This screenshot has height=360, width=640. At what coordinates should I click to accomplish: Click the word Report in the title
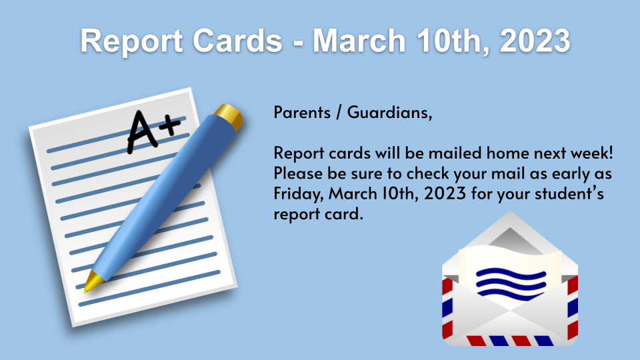point(131,41)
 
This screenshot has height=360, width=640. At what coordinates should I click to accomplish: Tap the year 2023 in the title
point(535,41)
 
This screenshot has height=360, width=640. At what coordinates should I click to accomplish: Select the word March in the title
point(359,41)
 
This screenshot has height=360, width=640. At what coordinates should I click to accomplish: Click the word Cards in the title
point(237,41)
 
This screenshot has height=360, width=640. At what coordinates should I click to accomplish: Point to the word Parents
point(302,112)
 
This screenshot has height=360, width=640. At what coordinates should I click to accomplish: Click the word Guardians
point(389,112)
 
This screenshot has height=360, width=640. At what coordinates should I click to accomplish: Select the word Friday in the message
point(299,194)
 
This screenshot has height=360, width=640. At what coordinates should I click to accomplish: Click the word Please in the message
point(298,173)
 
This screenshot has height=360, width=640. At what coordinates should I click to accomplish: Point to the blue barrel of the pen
point(163,196)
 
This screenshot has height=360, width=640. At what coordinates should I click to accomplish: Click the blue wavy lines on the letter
point(511,283)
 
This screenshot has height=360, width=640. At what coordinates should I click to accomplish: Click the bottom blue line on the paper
point(149,288)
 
